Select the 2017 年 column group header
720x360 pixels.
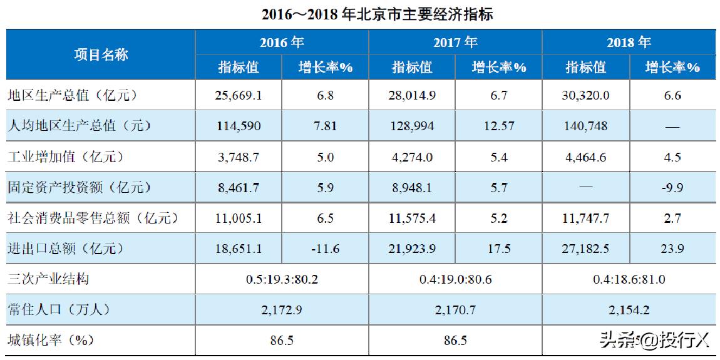(455, 42)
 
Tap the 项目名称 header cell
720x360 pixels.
(101, 54)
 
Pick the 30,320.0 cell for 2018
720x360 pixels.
(585, 96)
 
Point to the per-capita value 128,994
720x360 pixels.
(411, 126)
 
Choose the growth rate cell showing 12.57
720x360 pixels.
(498, 126)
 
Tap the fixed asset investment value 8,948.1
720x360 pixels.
(411, 188)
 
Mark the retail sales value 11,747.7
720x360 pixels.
(585, 219)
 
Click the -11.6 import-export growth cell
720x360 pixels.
(325, 249)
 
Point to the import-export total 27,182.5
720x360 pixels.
(585, 249)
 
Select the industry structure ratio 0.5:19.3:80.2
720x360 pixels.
(282, 279)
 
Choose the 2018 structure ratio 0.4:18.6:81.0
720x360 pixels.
(629, 279)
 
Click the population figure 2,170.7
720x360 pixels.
(455, 310)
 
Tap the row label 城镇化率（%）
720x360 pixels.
(49, 341)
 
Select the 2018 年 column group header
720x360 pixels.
(629, 42)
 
